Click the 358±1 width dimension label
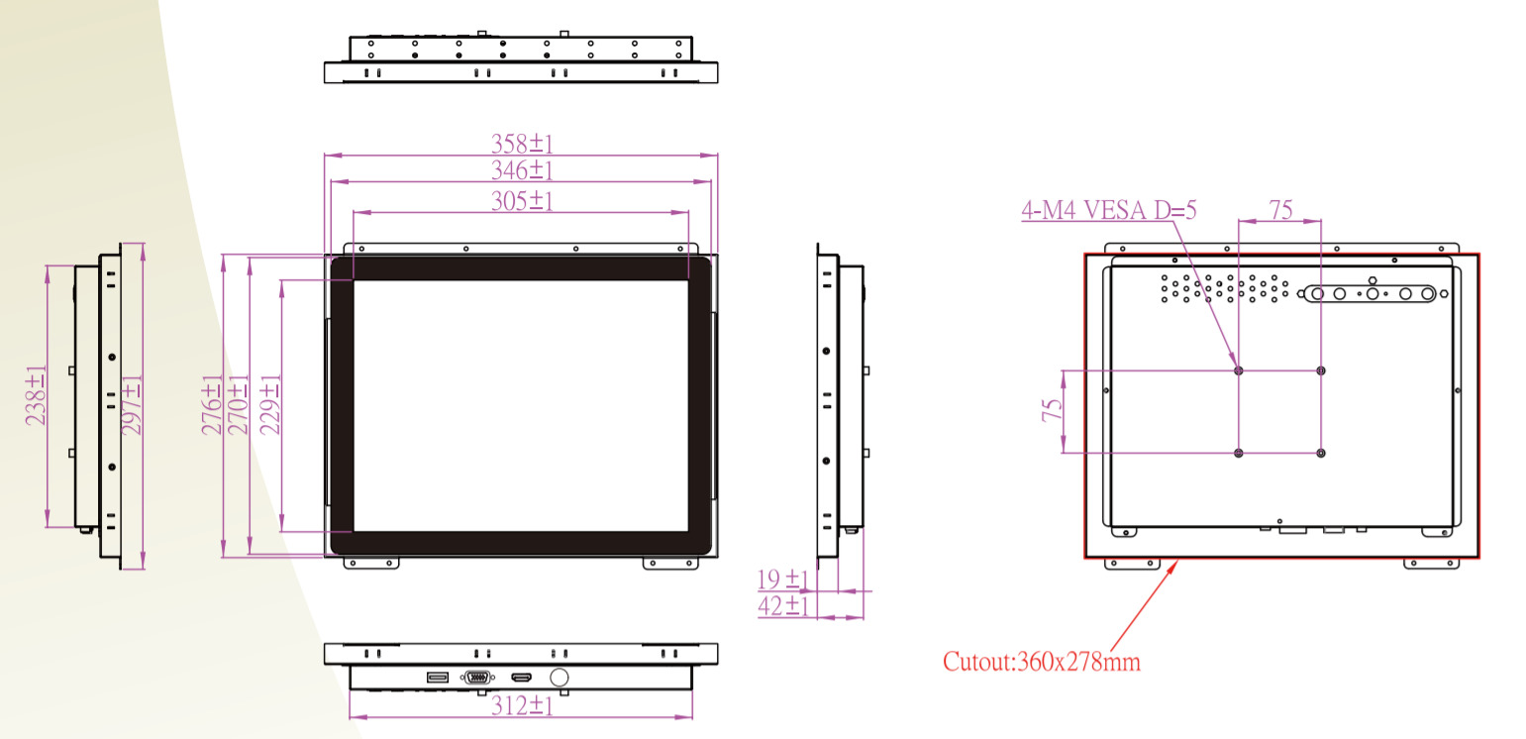point(522,144)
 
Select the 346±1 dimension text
point(522,169)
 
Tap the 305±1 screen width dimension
point(522,201)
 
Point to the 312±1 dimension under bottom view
point(522,705)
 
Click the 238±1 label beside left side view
point(36,395)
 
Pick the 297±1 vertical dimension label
point(132,404)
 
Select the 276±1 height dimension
point(212,404)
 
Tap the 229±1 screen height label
point(270,404)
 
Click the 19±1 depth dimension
point(782,580)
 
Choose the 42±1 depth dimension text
point(782,606)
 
